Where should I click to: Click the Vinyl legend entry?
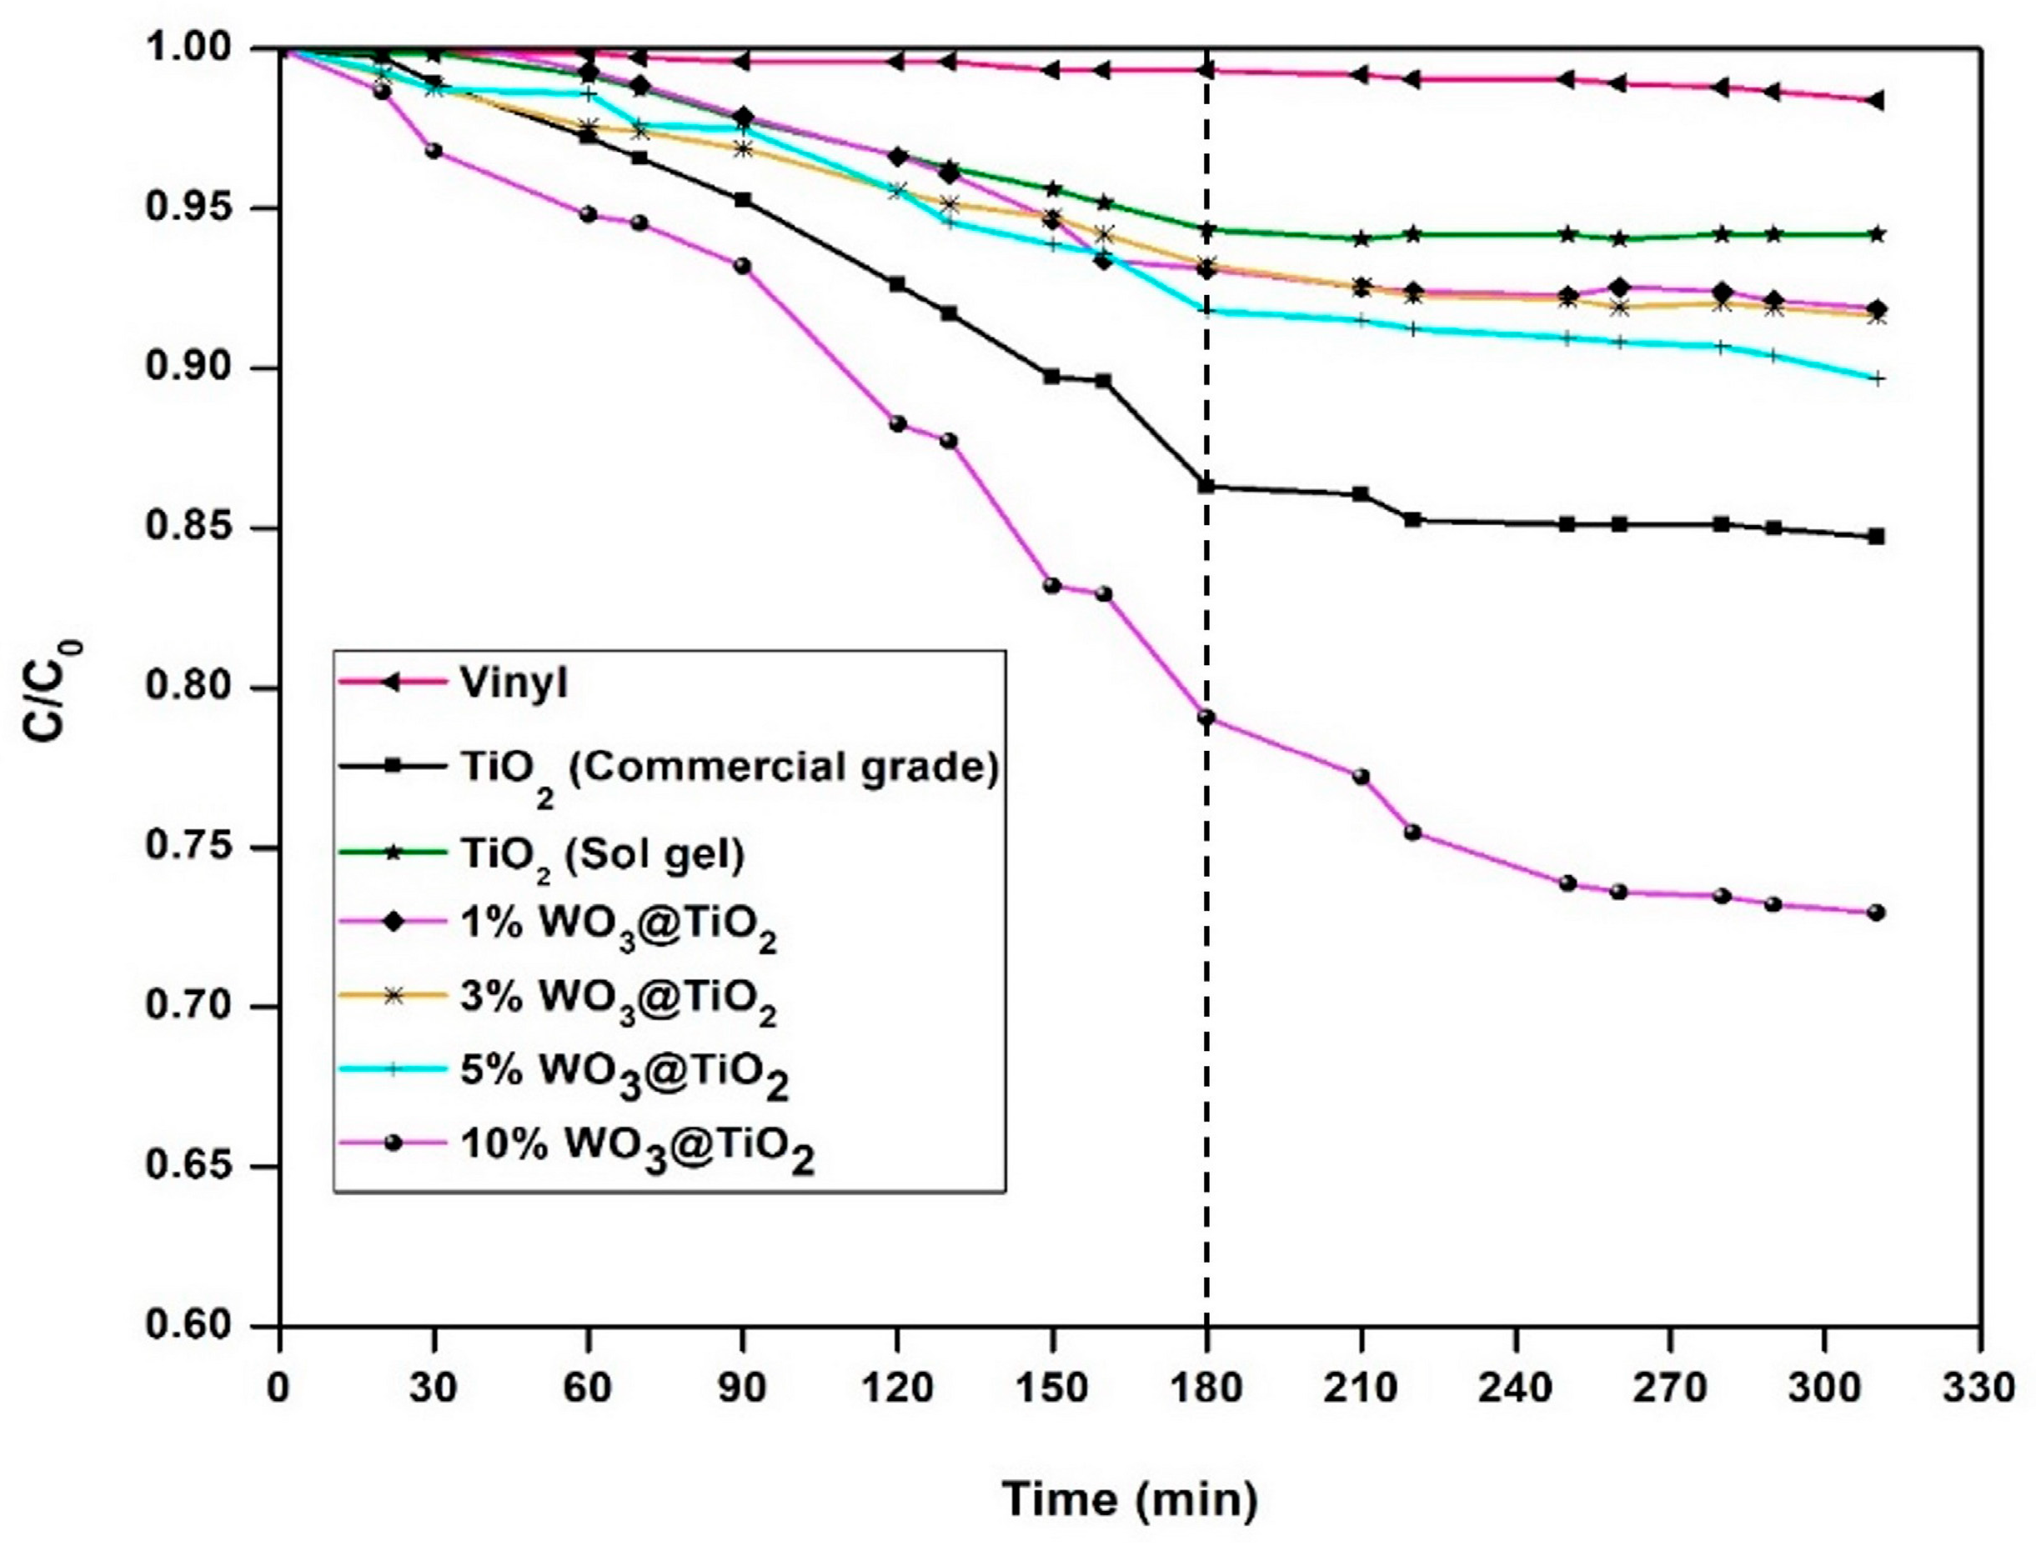514,683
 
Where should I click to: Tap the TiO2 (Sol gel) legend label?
602,854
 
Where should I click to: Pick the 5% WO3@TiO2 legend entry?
624,1072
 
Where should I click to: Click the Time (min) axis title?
1131,1499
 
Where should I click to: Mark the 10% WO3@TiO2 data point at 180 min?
1206,718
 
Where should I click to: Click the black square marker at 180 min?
1206,486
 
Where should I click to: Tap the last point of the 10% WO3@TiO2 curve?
1875,912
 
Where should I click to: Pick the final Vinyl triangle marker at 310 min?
1875,101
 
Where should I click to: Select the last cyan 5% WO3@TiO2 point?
1875,378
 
